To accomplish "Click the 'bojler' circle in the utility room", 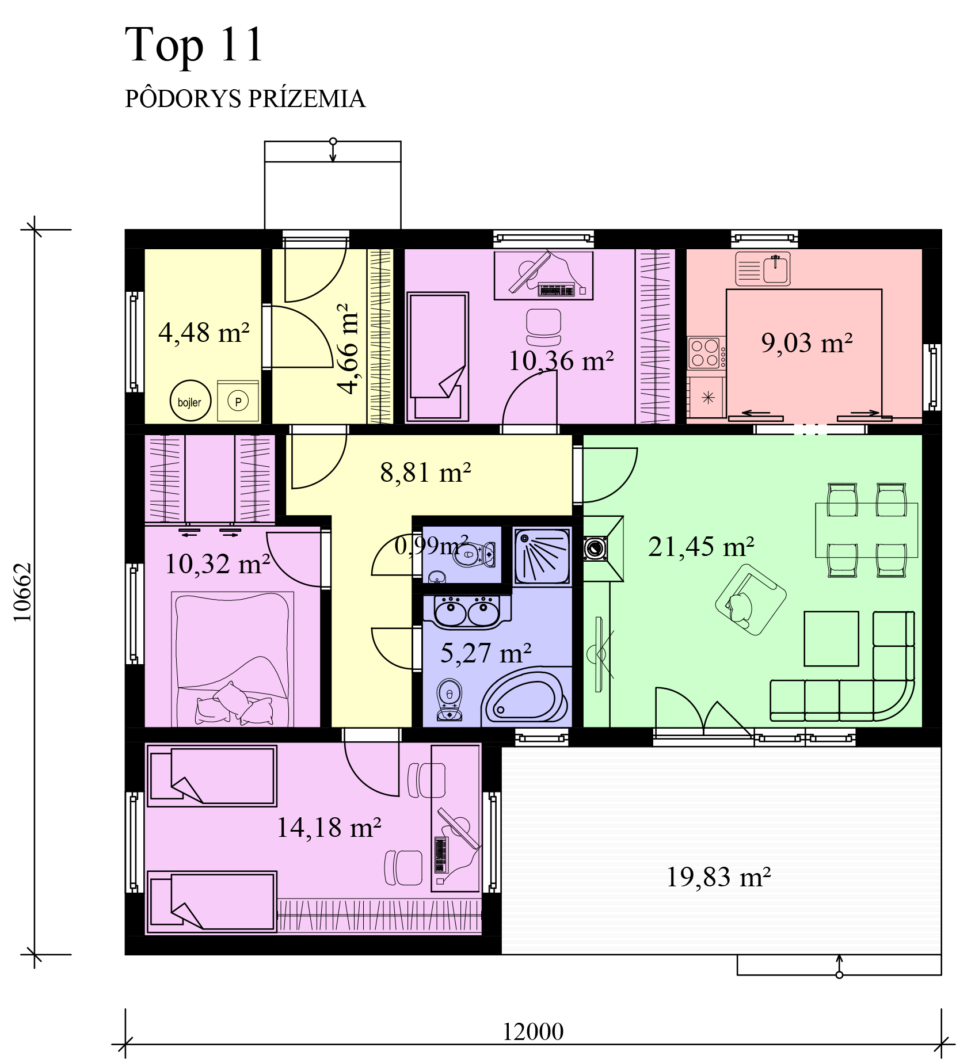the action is click(190, 401).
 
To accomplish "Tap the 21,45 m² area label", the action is click(701, 547).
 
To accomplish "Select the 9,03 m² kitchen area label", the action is click(807, 343).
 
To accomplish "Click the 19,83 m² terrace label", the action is click(718, 877).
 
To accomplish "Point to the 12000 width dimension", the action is click(533, 1032).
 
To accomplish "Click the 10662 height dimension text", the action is click(23, 592).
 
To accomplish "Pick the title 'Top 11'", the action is click(194, 45).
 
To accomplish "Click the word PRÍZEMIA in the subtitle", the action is click(307, 98).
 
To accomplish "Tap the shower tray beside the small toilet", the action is click(542, 557).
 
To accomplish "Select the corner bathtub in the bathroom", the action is click(525, 697).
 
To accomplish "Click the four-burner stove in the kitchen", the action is click(706, 353).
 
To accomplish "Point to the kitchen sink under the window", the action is click(763, 269).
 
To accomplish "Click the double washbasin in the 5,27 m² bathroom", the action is click(467, 612).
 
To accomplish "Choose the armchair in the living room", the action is click(750, 599).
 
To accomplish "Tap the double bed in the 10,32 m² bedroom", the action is click(233, 660).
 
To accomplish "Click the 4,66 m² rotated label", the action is click(348, 349).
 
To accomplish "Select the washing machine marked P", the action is click(238, 401).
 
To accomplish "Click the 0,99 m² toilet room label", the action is click(432, 545).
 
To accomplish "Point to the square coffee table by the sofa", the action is click(831, 638).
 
